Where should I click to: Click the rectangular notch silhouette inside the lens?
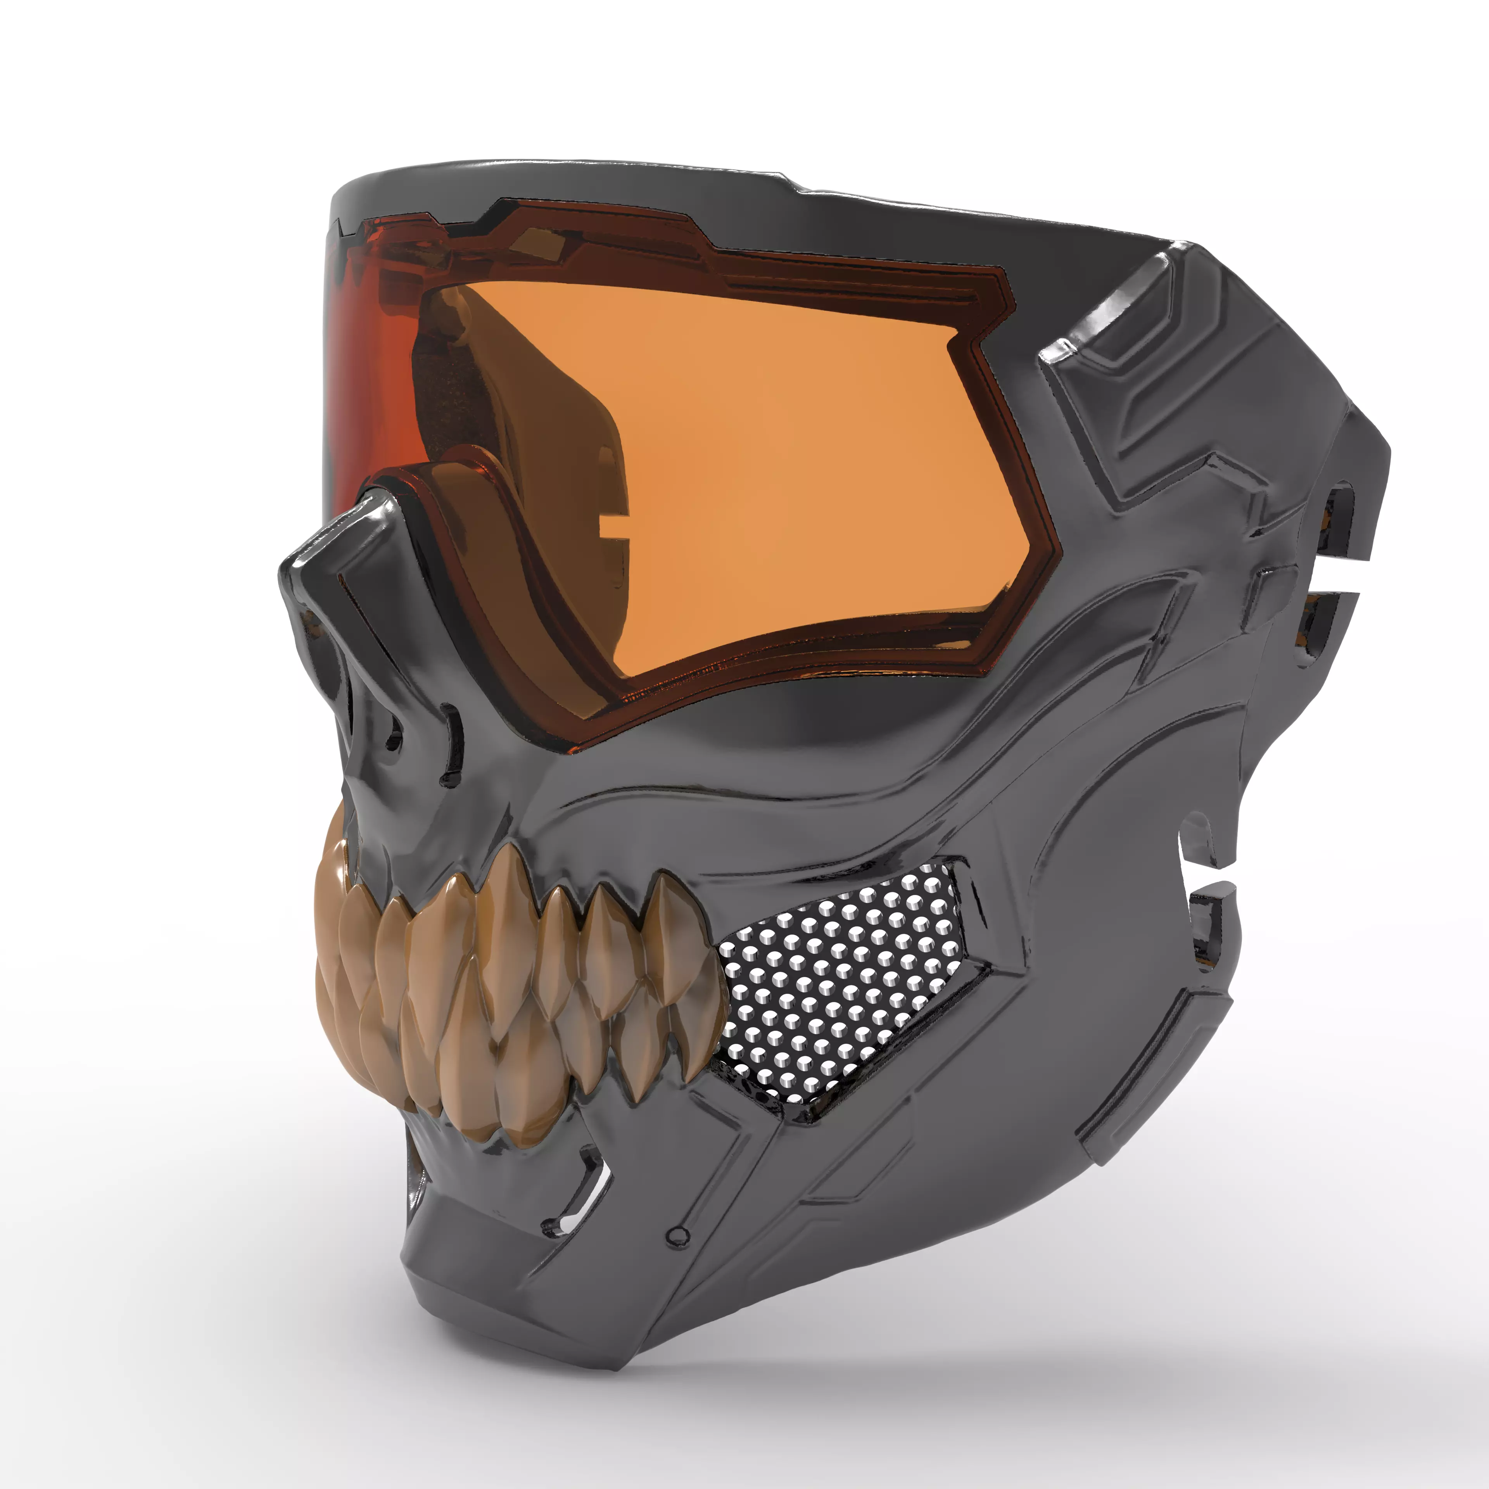[x=609, y=532]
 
